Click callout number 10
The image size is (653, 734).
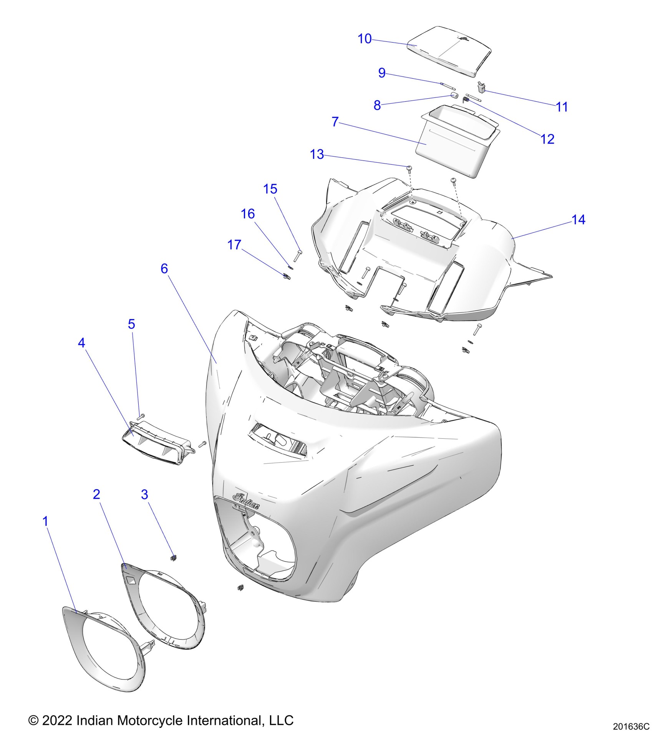(x=365, y=39)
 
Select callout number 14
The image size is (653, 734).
(x=578, y=220)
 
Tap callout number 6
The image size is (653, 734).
(x=164, y=268)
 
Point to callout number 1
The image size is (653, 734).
(x=45, y=521)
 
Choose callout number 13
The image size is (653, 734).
(x=317, y=154)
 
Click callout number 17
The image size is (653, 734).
(x=234, y=245)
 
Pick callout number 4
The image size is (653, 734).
(x=81, y=342)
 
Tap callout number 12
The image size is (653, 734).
(x=547, y=139)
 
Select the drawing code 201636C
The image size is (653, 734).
(x=630, y=726)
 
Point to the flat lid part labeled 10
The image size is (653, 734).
(x=449, y=50)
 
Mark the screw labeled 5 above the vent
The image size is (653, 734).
(x=141, y=416)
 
